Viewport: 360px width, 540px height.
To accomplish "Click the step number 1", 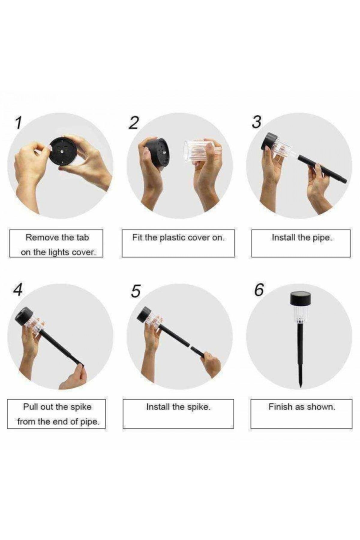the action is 19,123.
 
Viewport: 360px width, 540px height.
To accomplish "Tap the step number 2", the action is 134,123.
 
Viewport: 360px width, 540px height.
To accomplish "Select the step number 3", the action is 256,122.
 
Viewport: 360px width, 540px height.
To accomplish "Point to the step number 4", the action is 18,290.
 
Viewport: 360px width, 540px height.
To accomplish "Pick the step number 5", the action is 136,291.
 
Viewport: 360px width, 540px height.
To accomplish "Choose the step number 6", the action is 259,290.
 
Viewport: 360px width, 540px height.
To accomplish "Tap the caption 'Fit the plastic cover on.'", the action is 178,238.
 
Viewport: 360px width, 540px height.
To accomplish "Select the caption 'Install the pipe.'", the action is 302,238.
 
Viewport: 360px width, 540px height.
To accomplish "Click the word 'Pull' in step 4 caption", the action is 31,407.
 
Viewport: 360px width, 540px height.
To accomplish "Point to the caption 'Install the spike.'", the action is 178,407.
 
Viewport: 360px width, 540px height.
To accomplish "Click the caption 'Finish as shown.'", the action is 302,407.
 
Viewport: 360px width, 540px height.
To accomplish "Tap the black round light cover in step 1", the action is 63,151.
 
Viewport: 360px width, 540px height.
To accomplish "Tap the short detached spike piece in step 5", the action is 198,352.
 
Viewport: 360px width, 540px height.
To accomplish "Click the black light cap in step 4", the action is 24,316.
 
